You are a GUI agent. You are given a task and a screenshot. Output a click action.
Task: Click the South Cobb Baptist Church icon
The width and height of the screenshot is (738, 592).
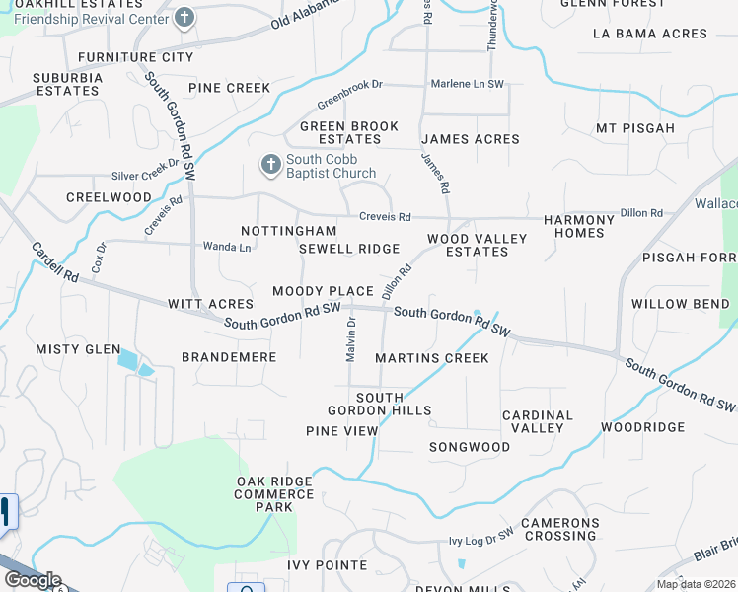click(x=271, y=163)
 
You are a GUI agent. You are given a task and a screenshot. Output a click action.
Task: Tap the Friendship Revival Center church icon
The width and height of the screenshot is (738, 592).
click(x=184, y=17)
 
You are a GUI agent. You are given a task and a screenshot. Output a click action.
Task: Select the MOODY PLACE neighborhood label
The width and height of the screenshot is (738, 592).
click(x=323, y=291)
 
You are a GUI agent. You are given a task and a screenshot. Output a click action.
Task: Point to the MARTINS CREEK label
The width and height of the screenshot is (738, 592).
click(x=432, y=357)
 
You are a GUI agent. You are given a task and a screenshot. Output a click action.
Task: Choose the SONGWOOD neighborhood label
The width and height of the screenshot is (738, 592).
click(x=469, y=447)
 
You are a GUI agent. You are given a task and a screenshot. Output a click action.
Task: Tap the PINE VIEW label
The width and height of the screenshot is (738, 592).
click(x=341, y=431)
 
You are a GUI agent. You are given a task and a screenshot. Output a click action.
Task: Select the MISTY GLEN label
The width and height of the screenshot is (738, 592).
click(x=78, y=349)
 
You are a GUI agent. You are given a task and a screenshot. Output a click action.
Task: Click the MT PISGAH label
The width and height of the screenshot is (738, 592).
click(x=635, y=128)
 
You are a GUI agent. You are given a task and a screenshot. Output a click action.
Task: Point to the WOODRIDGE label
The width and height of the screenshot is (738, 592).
click(x=642, y=427)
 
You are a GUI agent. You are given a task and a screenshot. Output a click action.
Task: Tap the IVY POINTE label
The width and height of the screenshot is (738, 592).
click(x=327, y=565)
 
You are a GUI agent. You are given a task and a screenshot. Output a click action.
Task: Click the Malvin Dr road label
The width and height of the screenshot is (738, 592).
click(x=350, y=338)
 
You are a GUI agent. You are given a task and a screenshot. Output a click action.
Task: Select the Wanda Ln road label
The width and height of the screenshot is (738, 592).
click(x=226, y=246)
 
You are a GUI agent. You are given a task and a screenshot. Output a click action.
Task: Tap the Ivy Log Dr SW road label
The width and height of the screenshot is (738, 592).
click(x=481, y=539)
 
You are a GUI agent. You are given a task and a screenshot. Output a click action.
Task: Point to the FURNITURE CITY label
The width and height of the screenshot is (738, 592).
click(x=136, y=57)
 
